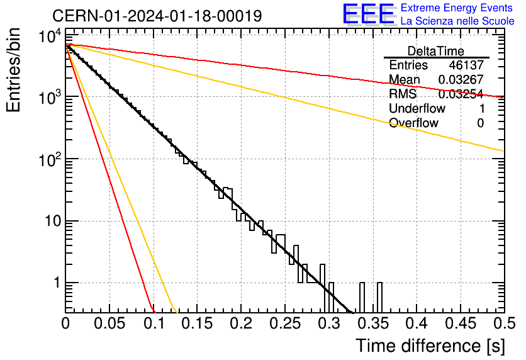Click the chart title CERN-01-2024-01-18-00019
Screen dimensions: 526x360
tap(157, 16)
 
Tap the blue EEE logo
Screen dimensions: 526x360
tap(368, 14)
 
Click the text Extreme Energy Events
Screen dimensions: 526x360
tap(457, 8)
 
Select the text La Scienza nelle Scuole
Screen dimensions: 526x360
tap(457, 21)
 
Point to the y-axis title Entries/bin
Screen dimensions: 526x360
tap(13, 70)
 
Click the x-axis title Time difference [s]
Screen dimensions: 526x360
tap(430, 346)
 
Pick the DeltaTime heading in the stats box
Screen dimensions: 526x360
tap(436, 51)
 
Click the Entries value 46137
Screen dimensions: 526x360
tap(466, 65)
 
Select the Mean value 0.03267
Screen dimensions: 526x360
tap(461, 79)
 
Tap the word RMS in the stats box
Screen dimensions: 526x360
tap(403, 94)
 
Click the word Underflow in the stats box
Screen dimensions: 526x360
tap(417, 108)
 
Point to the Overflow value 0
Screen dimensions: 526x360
tap(480, 123)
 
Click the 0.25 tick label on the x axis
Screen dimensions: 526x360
tap(285, 323)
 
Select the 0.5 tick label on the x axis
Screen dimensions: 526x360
tap(504, 323)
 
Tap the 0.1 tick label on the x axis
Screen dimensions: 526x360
tap(154, 323)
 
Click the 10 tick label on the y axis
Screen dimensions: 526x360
tap(52, 221)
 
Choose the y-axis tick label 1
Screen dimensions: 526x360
tap(57, 283)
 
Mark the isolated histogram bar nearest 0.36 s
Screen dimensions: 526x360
tap(379, 298)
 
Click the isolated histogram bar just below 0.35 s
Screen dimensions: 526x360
tap(362, 298)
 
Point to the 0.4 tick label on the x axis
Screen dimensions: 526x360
tap(417, 323)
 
